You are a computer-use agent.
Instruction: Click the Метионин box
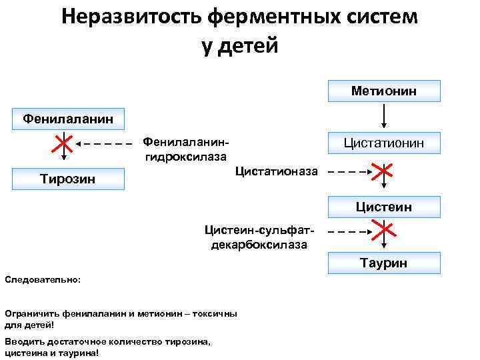tap(384, 91)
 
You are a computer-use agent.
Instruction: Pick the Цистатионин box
tap(384, 143)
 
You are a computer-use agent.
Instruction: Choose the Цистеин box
tap(384, 207)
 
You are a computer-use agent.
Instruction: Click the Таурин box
tap(384, 263)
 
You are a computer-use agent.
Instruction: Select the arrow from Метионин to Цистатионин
tap(384, 116)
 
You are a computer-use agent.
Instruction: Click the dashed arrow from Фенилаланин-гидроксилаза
tap(103, 143)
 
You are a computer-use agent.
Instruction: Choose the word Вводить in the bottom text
tap(25, 341)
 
